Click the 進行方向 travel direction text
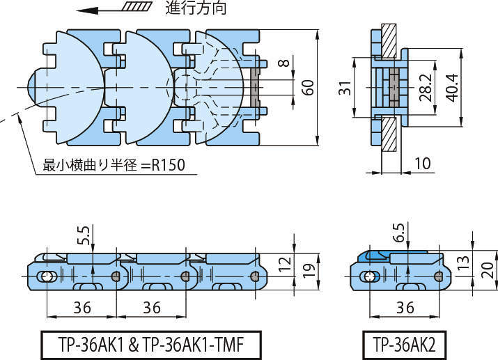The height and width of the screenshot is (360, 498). coord(196,9)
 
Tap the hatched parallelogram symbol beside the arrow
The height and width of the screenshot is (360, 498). coord(137,9)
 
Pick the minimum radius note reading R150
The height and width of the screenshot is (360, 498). coord(118,166)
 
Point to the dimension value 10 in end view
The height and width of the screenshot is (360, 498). coord(422,163)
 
